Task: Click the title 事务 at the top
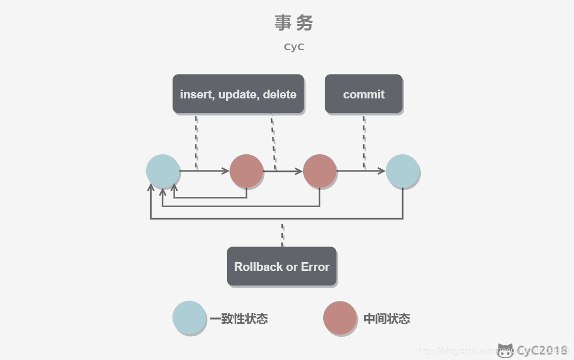[294, 23]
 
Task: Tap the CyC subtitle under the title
[294, 47]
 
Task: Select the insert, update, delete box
[238, 94]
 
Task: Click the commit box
[363, 94]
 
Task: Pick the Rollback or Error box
[281, 266]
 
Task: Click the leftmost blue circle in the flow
[163, 171]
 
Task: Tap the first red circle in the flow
[246, 171]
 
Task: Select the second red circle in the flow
[320, 171]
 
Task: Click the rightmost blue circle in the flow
[403, 171]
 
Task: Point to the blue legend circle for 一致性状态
[189, 318]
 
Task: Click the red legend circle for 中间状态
[340, 318]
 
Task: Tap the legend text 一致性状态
[239, 319]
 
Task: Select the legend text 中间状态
[386, 319]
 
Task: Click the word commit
[364, 94]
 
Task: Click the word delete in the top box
[280, 94]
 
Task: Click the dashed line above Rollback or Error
[282, 234]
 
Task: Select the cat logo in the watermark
[505, 351]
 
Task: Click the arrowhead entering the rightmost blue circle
[382, 171]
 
